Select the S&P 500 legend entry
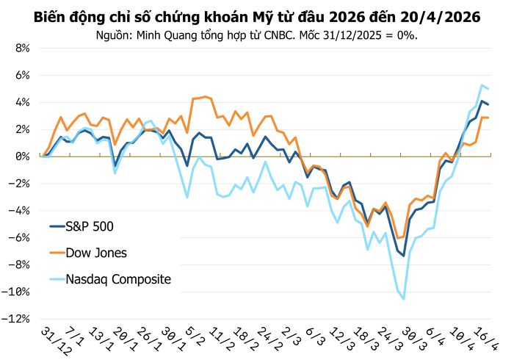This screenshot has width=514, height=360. (x=90, y=226)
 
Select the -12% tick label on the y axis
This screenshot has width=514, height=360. (x=16, y=319)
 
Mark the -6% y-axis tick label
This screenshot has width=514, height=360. (x=18, y=238)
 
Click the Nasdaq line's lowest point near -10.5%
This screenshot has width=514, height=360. (x=404, y=299)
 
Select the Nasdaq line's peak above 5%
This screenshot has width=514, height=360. (x=482, y=85)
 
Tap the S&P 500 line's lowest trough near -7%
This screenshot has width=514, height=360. (x=404, y=256)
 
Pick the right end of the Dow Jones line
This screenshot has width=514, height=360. (x=489, y=118)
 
